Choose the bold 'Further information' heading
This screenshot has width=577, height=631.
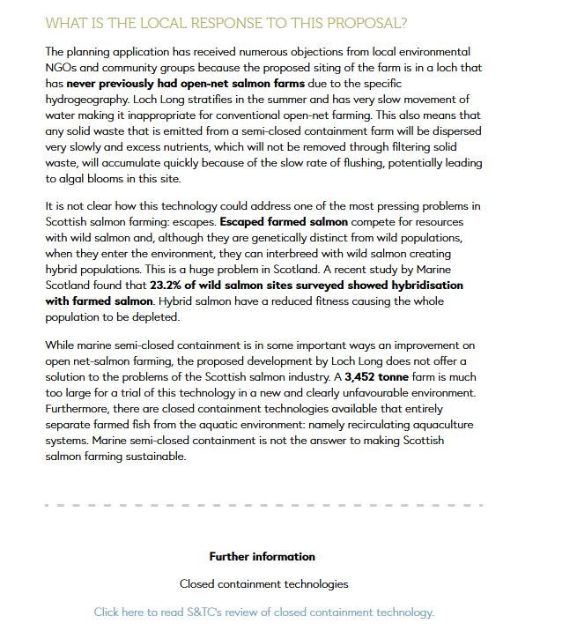(262, 557)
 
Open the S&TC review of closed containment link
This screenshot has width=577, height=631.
(263, 612)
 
